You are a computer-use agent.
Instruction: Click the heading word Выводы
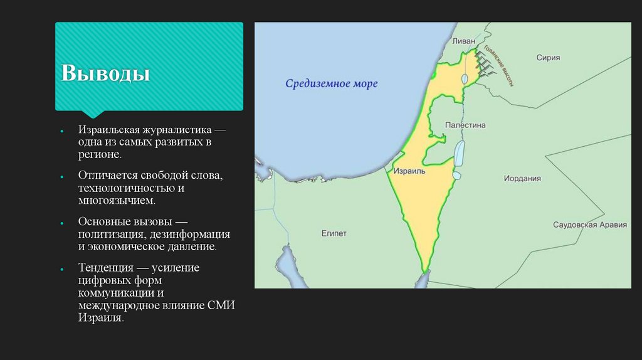point(105,73)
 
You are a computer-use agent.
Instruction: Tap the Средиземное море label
point(332,83)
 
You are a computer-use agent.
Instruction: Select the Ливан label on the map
point(465,41)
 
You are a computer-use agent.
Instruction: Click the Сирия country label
point(547,57)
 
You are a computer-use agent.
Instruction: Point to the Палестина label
point(465,125)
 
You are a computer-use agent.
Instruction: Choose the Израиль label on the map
point(410,171)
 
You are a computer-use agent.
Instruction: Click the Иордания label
point(522,178)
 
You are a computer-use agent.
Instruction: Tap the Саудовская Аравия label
point(589,225)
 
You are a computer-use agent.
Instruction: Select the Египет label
point(334,233)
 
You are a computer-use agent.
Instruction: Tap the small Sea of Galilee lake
point(464,79)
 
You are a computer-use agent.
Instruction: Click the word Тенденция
point(104,268)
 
